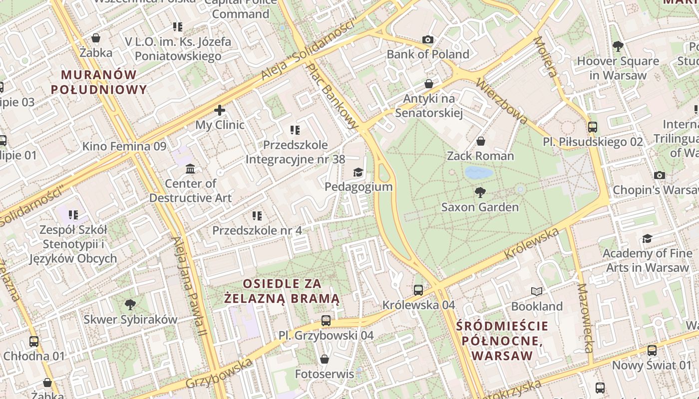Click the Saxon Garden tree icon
coord(480,192)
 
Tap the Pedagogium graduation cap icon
coord(358,173)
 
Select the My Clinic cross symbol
coord(220,110)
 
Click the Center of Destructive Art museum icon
coord(190,169)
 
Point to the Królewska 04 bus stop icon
coord(418,290)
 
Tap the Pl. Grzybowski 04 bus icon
coord(326,320)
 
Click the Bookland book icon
coord(537,291)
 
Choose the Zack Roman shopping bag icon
coord(480,142)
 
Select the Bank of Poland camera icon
coord(428,40)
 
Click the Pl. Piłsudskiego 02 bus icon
coord(593,127)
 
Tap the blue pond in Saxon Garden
coord(479,173)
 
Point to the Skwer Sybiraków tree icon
coord(130,304)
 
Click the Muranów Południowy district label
coord(99,82)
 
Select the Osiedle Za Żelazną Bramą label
coord(282,291)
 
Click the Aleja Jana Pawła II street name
coord(189,284)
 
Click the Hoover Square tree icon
coord(618,46)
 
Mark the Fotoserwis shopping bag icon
coord(325,359)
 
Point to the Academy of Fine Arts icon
coord(647,239)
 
